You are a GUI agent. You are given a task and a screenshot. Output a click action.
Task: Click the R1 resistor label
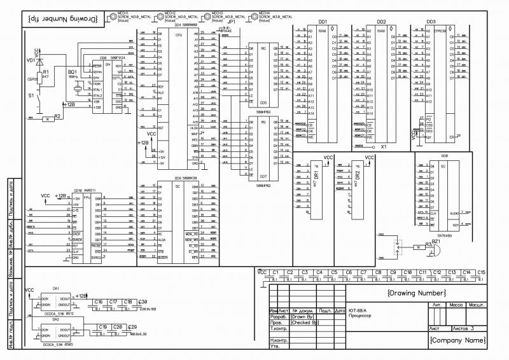tap(45, 73)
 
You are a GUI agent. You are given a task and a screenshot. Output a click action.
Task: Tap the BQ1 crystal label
tap(72, 73)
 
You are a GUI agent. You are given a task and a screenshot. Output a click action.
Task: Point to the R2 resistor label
tap(57, 116)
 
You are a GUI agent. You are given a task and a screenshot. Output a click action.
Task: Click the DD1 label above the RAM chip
tap(322, 22)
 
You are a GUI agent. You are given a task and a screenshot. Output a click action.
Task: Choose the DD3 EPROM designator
tap(431, 22)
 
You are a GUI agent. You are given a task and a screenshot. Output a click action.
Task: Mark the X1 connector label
tap(384, 147)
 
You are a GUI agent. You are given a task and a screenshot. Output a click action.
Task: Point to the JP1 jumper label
tap(232, 21)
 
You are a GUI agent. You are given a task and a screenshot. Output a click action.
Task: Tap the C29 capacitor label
tap(132, 326)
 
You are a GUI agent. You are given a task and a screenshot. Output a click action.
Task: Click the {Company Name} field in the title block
tap(457, 341)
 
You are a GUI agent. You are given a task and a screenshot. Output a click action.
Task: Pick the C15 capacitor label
tap(482, 272)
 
